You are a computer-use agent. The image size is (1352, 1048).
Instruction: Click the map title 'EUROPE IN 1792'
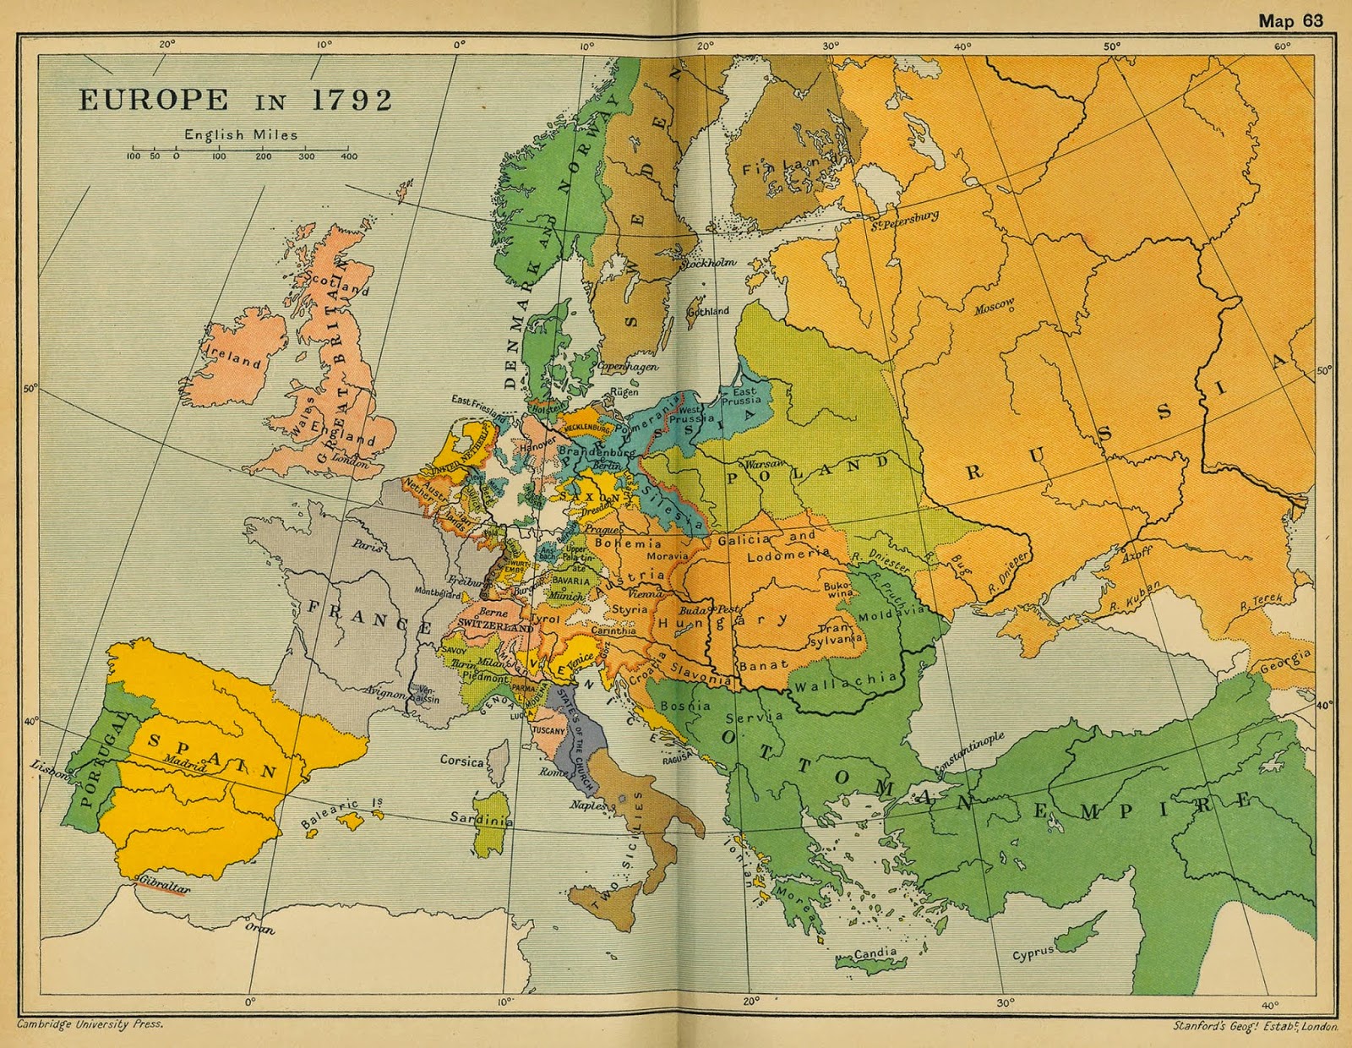(x=236, y=101)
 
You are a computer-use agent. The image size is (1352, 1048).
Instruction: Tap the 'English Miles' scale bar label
(x=241, y=134)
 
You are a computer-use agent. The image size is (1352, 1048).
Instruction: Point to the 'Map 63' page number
(x=1290, y=20)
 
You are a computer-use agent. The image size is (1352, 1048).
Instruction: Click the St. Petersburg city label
(x=905, y=220)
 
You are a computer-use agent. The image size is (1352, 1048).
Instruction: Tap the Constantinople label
(x=969, y=753)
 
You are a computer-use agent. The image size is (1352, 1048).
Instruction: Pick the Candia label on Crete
(x=875, y=952)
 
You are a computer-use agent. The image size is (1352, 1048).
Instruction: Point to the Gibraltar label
(x=164, y=884)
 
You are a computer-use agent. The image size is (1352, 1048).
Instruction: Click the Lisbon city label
(x=48, y=771)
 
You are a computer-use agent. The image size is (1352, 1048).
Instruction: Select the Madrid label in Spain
(x=185, y=764)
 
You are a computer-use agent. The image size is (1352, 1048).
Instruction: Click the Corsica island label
(x=461, y=761)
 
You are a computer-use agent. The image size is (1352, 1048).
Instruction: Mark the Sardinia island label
(x=481, y=818)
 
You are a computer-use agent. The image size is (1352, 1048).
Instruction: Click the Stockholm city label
(x=708, y=263)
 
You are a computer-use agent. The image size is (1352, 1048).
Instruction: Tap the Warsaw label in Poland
(x=764, y=465)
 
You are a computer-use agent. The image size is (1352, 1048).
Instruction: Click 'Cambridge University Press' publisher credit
(x=90, y=1023)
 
